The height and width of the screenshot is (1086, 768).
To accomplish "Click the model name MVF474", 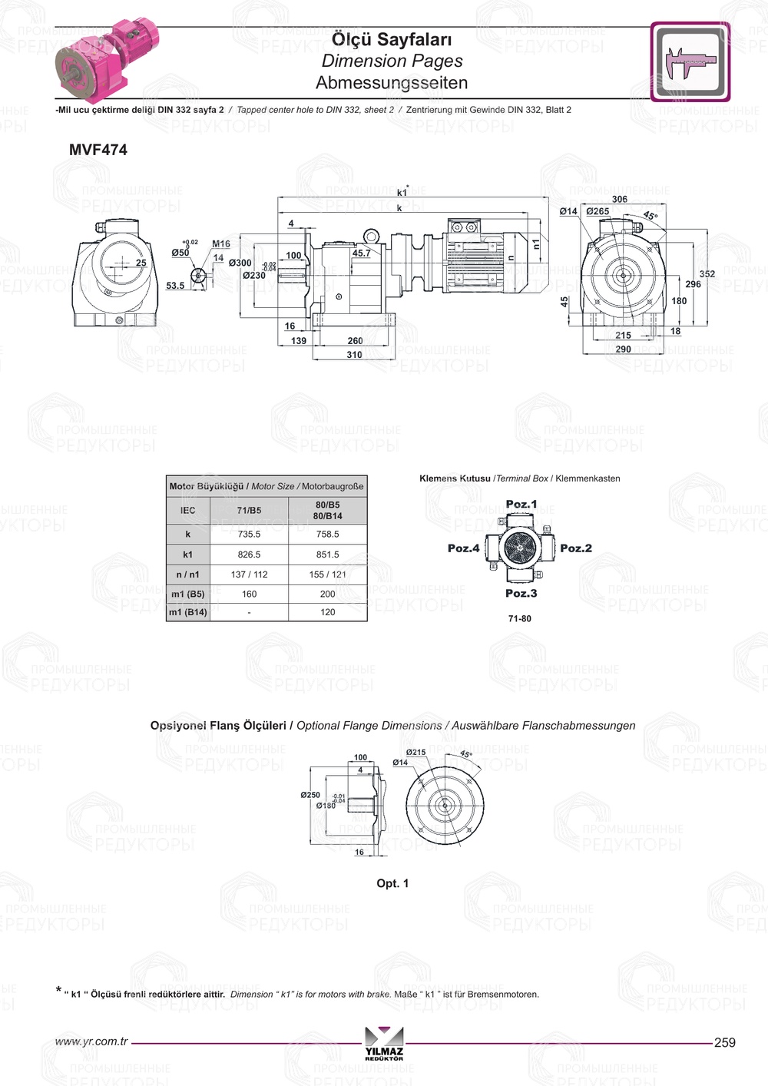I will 98,150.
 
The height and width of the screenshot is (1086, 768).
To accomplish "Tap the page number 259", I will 724,1042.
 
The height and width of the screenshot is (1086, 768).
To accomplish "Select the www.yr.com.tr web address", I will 91,1041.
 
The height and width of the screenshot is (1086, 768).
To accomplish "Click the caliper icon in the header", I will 690,61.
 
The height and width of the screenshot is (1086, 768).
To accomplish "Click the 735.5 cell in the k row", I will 249,534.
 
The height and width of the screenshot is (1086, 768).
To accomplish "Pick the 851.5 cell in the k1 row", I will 327,554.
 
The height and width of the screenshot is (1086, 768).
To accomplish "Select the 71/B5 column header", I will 249,510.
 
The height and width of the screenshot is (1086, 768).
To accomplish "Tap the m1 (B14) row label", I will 188,612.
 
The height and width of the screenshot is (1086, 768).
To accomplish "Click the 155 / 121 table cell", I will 327,574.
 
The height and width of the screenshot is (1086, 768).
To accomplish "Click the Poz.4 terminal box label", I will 463,548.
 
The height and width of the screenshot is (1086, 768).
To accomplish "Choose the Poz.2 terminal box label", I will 576,548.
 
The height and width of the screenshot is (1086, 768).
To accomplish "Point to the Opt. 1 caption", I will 392,883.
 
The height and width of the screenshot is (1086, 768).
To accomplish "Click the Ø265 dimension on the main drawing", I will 598,211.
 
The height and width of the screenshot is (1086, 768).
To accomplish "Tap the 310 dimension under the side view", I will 354,355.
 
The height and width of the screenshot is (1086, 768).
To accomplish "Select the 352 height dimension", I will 707,274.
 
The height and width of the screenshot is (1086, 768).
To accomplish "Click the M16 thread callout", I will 221,244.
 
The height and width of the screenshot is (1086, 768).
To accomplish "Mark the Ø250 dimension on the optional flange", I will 310,795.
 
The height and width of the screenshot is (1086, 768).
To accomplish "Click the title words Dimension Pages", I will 392,61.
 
